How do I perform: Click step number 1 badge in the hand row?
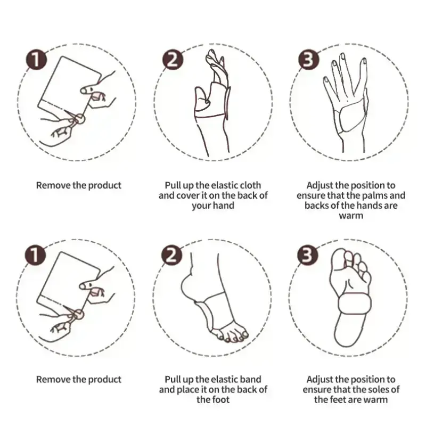point(36,60)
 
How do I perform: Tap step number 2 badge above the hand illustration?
point(173,60)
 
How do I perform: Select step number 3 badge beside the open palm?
point(308,60)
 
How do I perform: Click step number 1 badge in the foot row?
point(36,255)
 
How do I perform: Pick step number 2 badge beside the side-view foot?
point(171,255)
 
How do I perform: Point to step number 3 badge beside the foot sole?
point(307,255)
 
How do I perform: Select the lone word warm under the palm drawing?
point(351,216)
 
